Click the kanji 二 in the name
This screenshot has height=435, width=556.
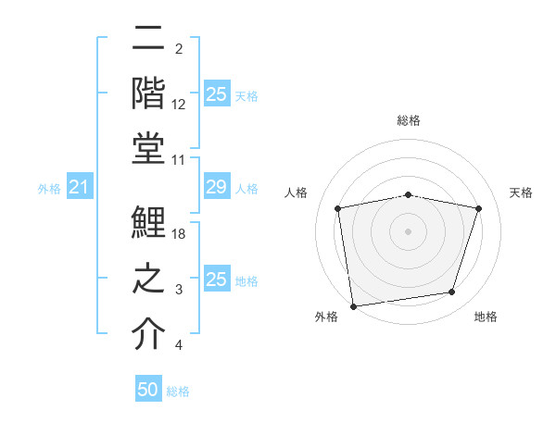pos(149,39)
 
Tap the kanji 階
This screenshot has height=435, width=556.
pos(149,93)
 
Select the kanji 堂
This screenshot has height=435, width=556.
pos(149,147)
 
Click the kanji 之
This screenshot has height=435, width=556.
pos(149,280)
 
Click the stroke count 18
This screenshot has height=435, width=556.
pos(180,235)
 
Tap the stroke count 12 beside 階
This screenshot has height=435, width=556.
pos(180,105)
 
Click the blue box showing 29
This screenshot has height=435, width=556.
pos(216,188)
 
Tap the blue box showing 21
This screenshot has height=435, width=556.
pos(79,188)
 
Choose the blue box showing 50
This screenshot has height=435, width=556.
pos(148,390)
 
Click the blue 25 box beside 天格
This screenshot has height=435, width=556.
pos(216,93)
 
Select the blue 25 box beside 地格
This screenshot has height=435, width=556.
pos(216,280)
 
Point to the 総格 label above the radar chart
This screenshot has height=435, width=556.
pos(409,120)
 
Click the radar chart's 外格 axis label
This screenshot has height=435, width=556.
pos(326,317)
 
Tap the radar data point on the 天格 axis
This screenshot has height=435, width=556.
pos(479,208)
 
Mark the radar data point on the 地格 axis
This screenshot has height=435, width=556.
pos(452,292)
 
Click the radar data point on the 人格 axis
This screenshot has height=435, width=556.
pos(338,208)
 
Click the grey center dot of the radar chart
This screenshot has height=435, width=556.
pos(409,230)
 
